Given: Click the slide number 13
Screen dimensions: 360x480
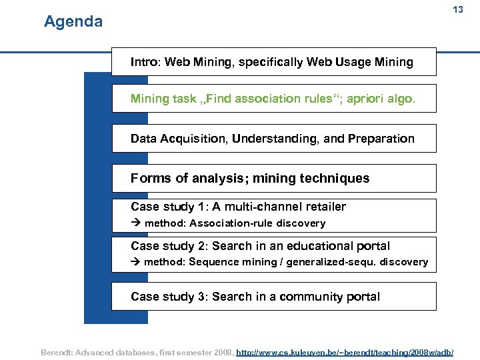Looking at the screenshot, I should click(457, 10).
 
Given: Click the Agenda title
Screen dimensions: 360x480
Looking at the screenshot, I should click(73, 22).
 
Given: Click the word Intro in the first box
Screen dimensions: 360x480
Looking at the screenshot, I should click(145, 62).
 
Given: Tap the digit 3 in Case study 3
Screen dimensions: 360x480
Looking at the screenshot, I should click(201, 297).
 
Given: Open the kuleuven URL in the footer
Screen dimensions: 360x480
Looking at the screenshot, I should click(345, 351).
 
